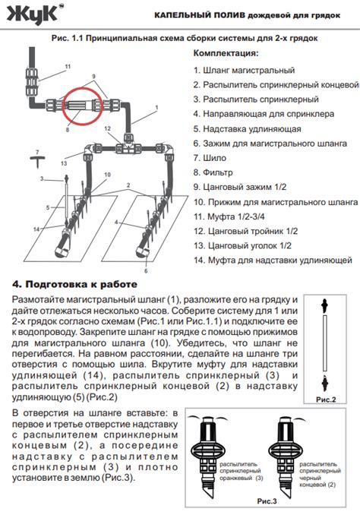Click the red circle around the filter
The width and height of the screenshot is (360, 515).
click(63, 106)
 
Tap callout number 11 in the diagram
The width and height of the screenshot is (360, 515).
click(68, 67)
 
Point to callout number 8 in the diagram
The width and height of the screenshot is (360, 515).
click(68, 129)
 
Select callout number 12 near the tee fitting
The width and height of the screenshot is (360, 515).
click(107, 129)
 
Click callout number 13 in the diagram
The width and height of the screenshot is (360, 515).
click(64, 163)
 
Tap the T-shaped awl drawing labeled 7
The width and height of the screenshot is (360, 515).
click(37, 160)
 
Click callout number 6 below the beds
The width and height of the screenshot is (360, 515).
click(146, 271)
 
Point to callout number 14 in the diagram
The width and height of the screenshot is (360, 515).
click(36, 229)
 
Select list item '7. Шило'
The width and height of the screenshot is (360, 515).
click(210, 158)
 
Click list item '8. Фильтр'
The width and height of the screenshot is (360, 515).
click(213, 172)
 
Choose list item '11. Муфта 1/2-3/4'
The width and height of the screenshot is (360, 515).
click(229, 216)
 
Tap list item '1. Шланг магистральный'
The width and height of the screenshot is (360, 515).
click(244, 71)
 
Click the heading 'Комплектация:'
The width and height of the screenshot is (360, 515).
click(226, 53)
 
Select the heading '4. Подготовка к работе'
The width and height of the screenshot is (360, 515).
click(74, 284)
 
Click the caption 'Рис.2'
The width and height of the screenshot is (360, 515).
click(326, 400)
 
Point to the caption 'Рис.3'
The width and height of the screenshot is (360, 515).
click(267, 501)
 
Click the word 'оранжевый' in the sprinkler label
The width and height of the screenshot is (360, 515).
click(236, 478)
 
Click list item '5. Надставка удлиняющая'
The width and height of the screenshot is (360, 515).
click(247, 129)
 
